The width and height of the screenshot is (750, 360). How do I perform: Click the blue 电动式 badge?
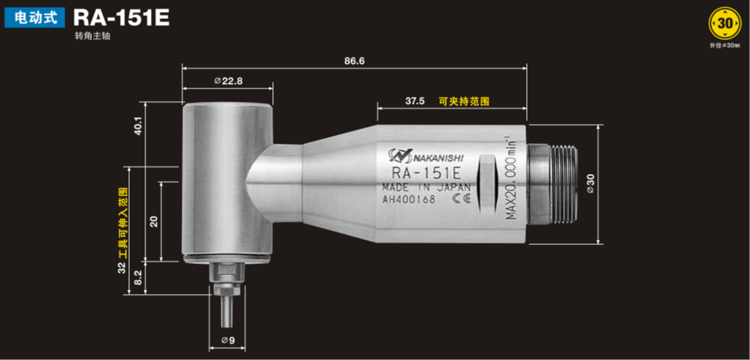34,18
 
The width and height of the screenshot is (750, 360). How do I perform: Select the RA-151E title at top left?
121,18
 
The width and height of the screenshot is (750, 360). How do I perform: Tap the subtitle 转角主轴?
93,36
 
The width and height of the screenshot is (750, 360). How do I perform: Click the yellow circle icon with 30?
725,23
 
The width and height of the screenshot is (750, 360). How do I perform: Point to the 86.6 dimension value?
354,61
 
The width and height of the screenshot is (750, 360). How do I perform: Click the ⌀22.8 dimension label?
228,81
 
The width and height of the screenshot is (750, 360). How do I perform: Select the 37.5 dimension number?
415,101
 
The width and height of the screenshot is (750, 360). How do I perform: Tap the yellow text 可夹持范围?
464,101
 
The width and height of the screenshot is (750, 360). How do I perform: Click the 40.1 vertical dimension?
138,126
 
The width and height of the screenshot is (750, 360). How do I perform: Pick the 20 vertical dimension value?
154,221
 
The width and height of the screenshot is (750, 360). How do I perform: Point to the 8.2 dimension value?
138,277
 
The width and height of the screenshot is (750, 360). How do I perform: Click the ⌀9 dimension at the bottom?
227,340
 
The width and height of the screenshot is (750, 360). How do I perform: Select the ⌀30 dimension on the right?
590,184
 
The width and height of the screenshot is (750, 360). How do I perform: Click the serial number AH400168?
409,199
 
